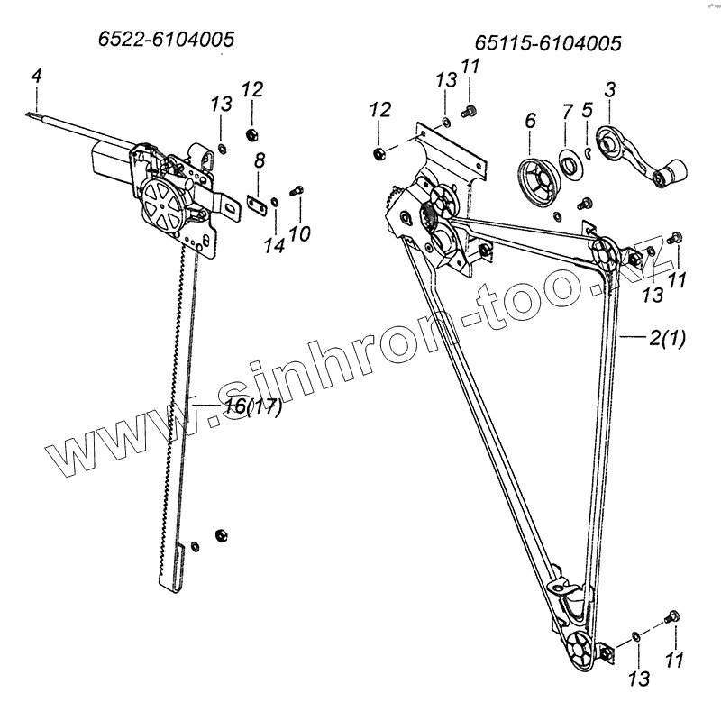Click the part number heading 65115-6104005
pos(550,44)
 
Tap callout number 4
pos(35,77)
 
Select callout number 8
pos(260,162)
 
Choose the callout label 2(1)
pos(667,340)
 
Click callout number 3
pos(610,89)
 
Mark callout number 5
pos(587,112)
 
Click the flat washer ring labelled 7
pos(570,163)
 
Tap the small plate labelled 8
pos(255,203)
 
